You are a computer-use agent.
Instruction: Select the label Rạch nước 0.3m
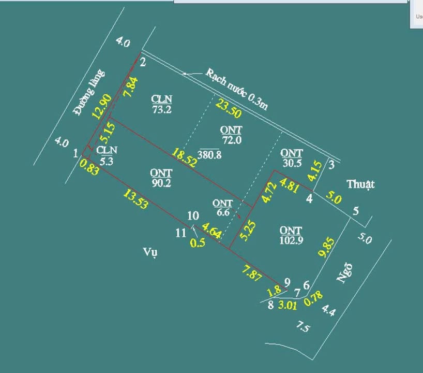pyautogui.click(x=237, y=89)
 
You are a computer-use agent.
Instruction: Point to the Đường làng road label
pyautogui.click(x=89, y=93)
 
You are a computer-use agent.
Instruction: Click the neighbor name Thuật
pyautogui.click(x=360, y=184)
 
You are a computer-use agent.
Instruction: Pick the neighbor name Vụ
pyautogui.click(x=150, y=252)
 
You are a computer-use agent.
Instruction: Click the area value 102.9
pyautogui.click(x=291, y=241)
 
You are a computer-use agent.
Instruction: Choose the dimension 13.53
pyautogui.click(x=136, y=199)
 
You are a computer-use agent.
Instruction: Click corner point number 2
pyautogui.click(x=143, y=63)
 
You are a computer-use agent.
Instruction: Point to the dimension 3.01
pyautogui.click(x=288, y=305)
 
